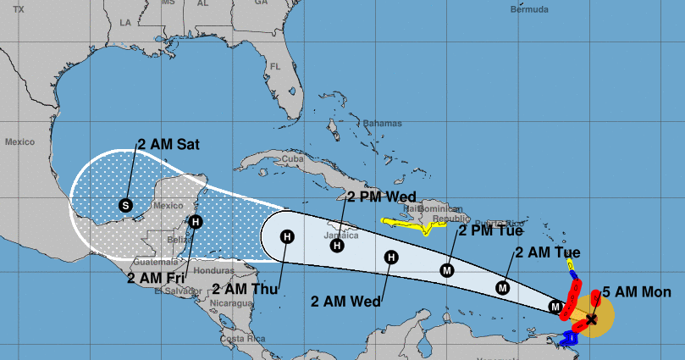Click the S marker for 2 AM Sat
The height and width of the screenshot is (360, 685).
(126, 204)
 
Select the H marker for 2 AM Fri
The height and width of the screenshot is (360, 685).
(196, 223)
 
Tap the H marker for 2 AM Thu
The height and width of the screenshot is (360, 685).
(287, 237)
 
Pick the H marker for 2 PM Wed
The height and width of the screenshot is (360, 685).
(337, 246)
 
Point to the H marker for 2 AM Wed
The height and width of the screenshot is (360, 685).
(390, 257)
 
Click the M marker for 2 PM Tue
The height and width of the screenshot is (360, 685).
(447, 270)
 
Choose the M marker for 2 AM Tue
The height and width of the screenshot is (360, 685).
(503, 287)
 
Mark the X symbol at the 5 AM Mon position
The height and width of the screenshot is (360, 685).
(591, 319)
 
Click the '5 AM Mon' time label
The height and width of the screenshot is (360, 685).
(637, 292)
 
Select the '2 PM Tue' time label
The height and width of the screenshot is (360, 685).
(491, 230)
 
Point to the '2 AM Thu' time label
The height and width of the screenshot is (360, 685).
(245, 289)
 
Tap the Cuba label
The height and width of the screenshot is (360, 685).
(292, 158)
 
